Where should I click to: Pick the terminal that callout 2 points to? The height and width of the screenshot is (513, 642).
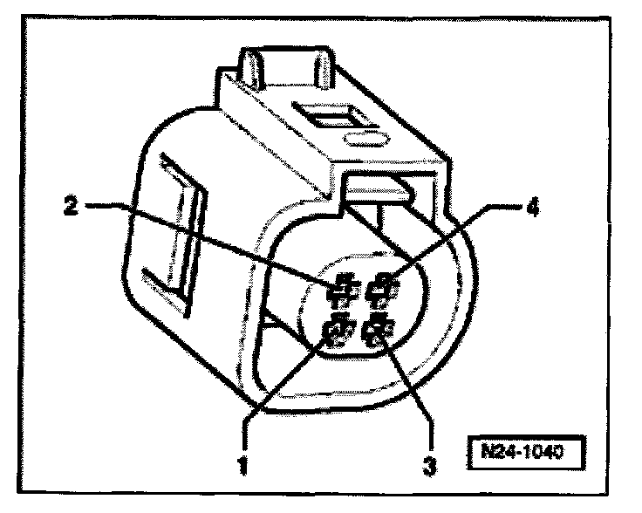344,285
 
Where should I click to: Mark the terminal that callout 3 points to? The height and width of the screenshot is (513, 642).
379,332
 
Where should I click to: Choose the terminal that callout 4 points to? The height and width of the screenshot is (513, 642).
383,285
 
